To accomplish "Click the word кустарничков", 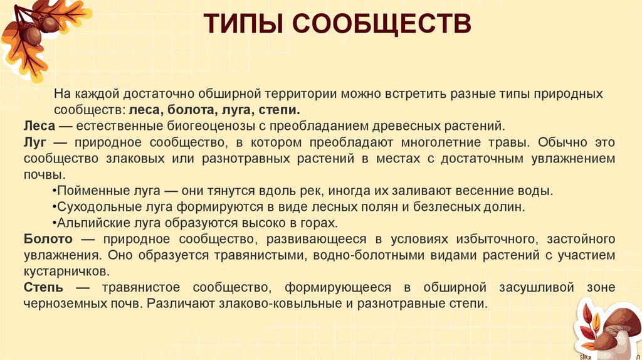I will [66, 272].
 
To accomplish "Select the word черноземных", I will [59, 304].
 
